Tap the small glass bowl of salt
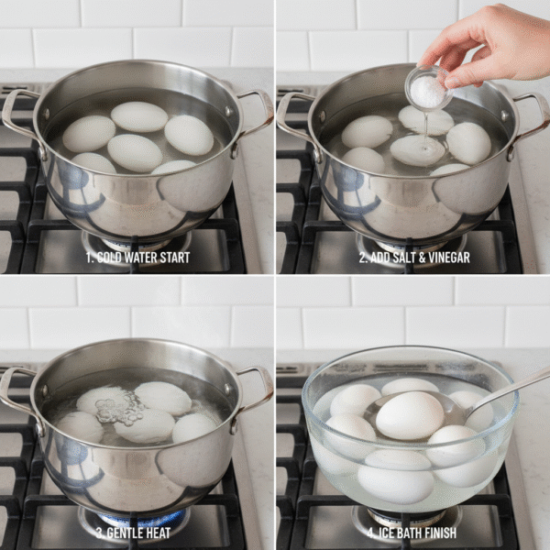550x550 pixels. tap(428, 88)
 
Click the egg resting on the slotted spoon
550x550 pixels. tap(410, 415)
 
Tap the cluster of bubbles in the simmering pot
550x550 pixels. tap(120, 408)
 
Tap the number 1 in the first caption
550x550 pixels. tap(89, 258)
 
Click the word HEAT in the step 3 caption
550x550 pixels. tap(159, 533)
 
